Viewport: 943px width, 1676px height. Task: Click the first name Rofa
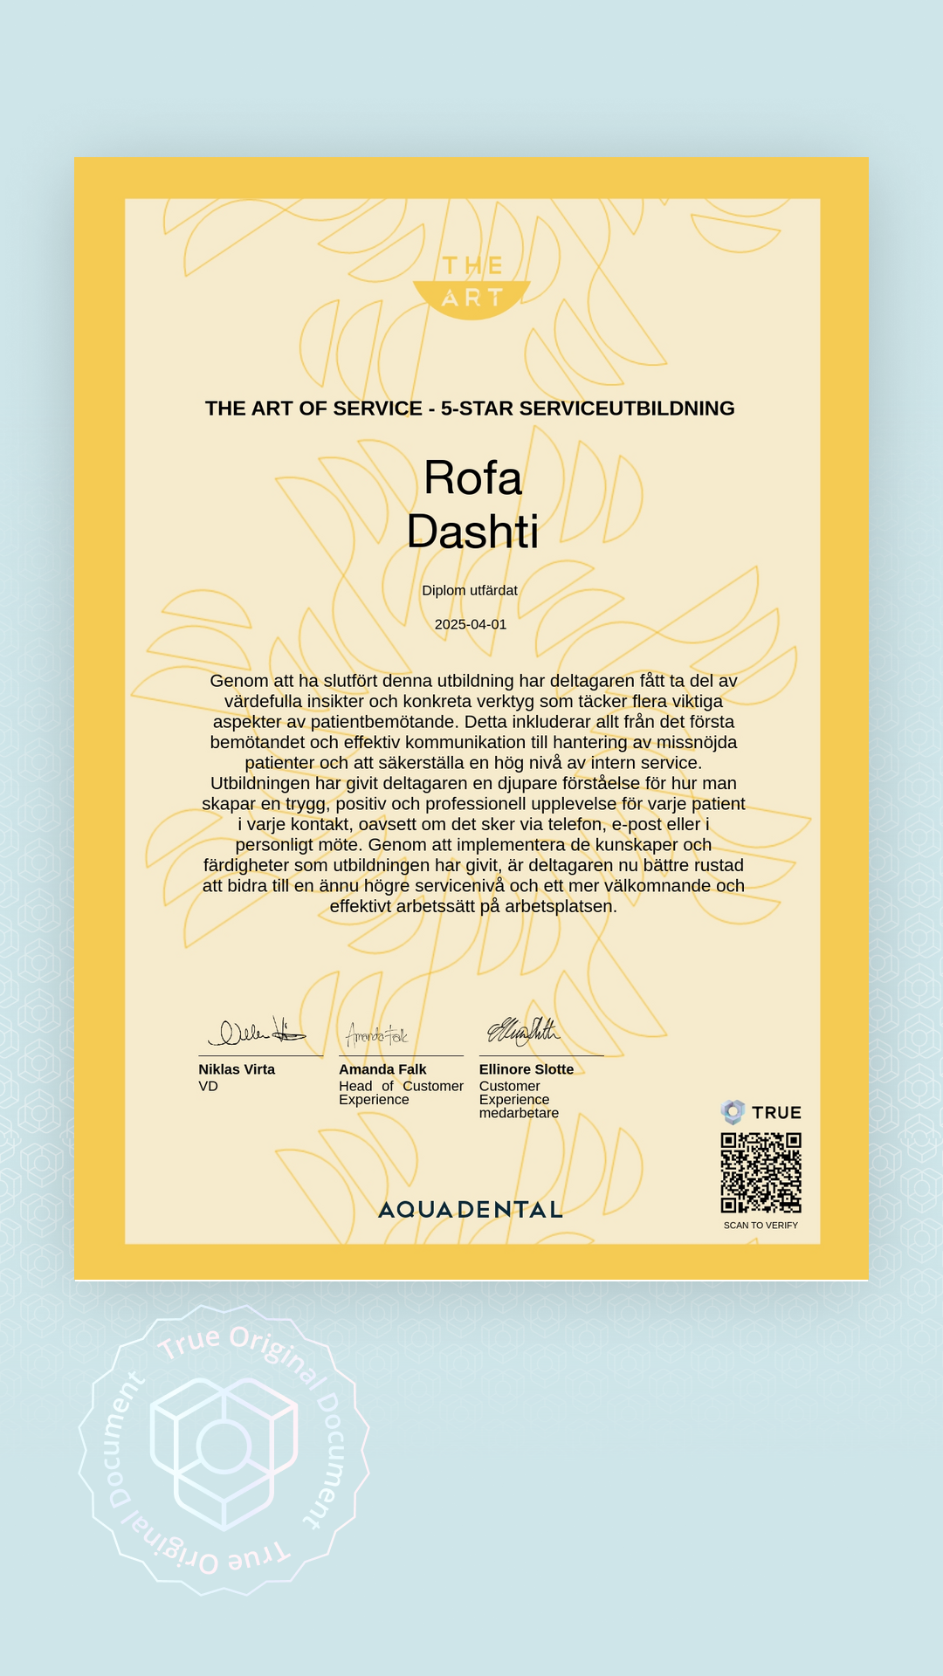[472, 478]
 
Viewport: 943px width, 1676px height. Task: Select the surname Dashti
[472, 532]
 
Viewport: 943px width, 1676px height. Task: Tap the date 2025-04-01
[471, 624]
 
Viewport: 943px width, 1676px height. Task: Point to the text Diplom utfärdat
[470, 591]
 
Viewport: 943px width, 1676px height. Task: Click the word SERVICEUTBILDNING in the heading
[627, 409]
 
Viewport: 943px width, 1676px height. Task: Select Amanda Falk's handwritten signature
[377, 1035]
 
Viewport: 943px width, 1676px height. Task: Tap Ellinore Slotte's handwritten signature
[524, 1032]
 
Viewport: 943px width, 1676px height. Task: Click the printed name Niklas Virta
[237, 1069]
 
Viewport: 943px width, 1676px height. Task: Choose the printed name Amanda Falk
[382, 1069]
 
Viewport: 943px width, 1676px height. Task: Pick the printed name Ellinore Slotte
[527, 1069]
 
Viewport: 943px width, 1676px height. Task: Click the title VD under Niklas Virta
[208, 1087]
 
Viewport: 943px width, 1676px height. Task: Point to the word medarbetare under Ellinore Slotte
[519, 1114]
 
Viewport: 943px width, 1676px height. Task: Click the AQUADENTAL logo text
[471, 1210]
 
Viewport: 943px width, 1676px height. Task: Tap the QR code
[761, 1172]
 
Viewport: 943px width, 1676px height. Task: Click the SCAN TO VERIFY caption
[761, 1226]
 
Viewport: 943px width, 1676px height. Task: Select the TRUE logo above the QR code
[761, 1112]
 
